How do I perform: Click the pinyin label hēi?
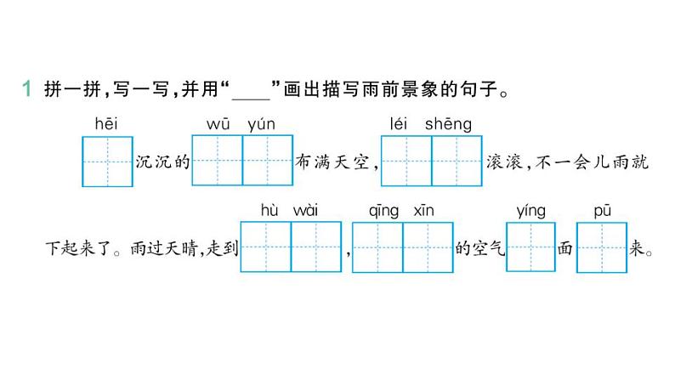107,124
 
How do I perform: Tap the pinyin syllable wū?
218,124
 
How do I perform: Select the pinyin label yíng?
530,210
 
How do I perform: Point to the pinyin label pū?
601,210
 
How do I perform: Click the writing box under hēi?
107,161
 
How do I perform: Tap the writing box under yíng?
530,247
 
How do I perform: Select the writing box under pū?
602,247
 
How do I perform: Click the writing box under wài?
316,247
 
